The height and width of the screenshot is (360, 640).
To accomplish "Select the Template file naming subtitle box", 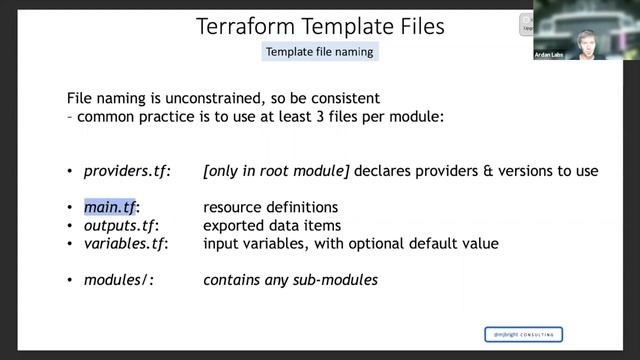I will coord(320,51).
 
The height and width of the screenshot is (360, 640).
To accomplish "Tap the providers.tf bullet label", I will coord(127,171).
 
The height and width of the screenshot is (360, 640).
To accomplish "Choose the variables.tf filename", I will coord(126,244).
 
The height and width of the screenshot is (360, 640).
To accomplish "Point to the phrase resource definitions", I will coord(270,208).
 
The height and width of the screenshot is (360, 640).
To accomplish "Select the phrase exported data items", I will coord(272,226).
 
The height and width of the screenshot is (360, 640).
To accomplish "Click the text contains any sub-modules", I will coord(290,281).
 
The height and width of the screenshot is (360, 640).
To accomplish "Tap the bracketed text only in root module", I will coord(276,171).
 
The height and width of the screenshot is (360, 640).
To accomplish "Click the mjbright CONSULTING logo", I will coord(523,334).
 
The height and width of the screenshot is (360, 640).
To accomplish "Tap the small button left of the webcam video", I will coord(526,25).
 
